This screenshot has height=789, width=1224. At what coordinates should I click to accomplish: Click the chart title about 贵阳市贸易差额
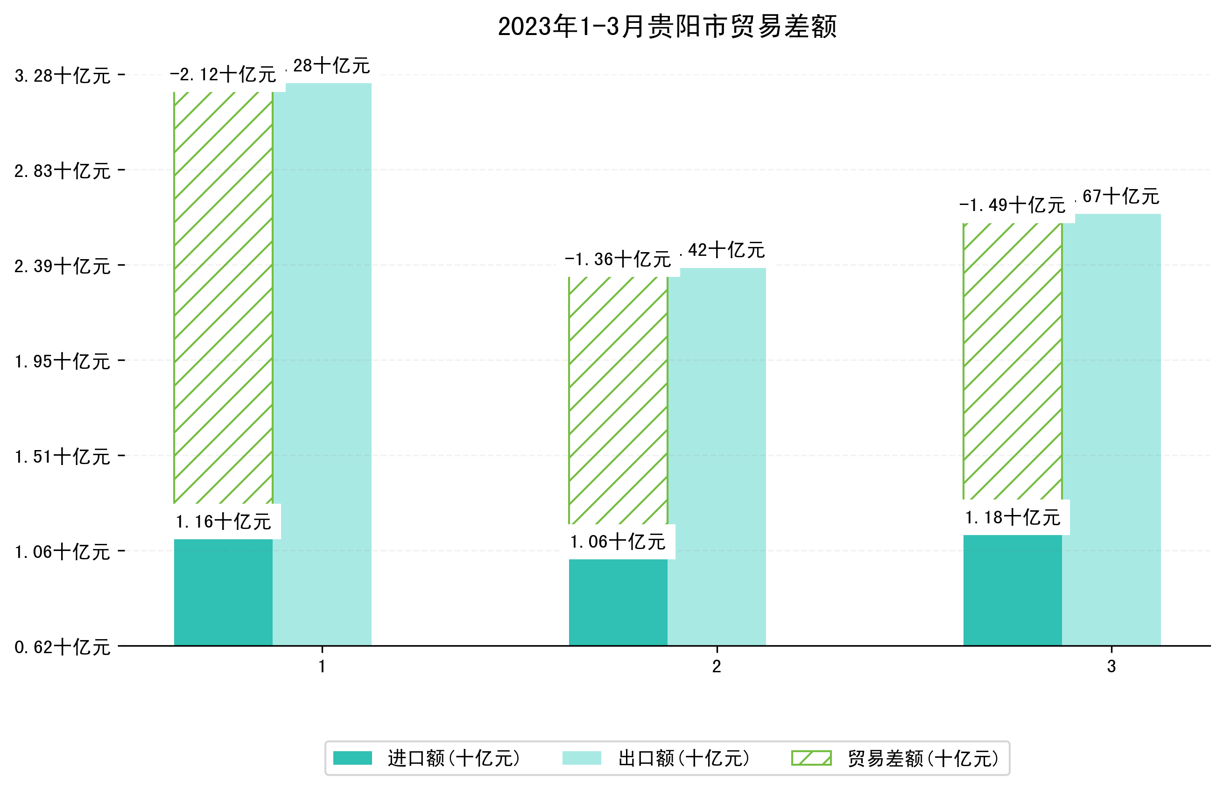click(667, 27)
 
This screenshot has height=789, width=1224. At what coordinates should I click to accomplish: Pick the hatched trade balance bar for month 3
click(1012, 361)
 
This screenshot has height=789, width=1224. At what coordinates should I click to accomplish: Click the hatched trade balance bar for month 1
click(223, 297)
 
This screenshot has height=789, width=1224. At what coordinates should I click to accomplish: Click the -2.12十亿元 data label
click(223, 75)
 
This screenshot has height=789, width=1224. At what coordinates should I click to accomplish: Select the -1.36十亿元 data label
click(618, 260)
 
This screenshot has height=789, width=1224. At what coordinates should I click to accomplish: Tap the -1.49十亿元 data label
click(1012, 206)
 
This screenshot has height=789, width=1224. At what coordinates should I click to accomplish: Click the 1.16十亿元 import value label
click(223, 522)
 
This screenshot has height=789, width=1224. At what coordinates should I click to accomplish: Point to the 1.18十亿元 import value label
click(1012, 518)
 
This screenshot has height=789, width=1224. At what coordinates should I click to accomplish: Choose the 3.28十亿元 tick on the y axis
click(63, 76)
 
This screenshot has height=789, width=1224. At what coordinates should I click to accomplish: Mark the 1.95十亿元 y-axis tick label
click(63, 361)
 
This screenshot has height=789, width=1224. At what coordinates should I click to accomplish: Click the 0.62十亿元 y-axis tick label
click(63, 647)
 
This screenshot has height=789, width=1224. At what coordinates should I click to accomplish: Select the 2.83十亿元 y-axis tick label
click(63, 170)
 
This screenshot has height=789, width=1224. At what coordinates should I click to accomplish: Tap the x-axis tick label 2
click(717, 667)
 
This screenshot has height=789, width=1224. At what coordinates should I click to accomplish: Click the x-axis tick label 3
click(1111, 667)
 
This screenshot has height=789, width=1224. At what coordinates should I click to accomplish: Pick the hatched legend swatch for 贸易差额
click(811, 758)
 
